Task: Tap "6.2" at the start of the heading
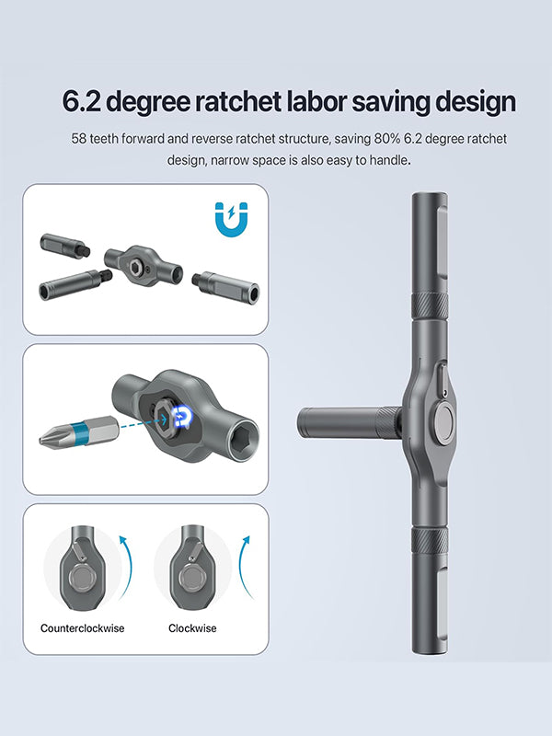click(81, 102)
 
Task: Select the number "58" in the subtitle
click(78, 139)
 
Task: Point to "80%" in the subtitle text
click(386, 139)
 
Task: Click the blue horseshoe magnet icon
click(232, 219)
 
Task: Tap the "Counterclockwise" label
click(83, 628)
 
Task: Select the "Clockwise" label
click(192, 628)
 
